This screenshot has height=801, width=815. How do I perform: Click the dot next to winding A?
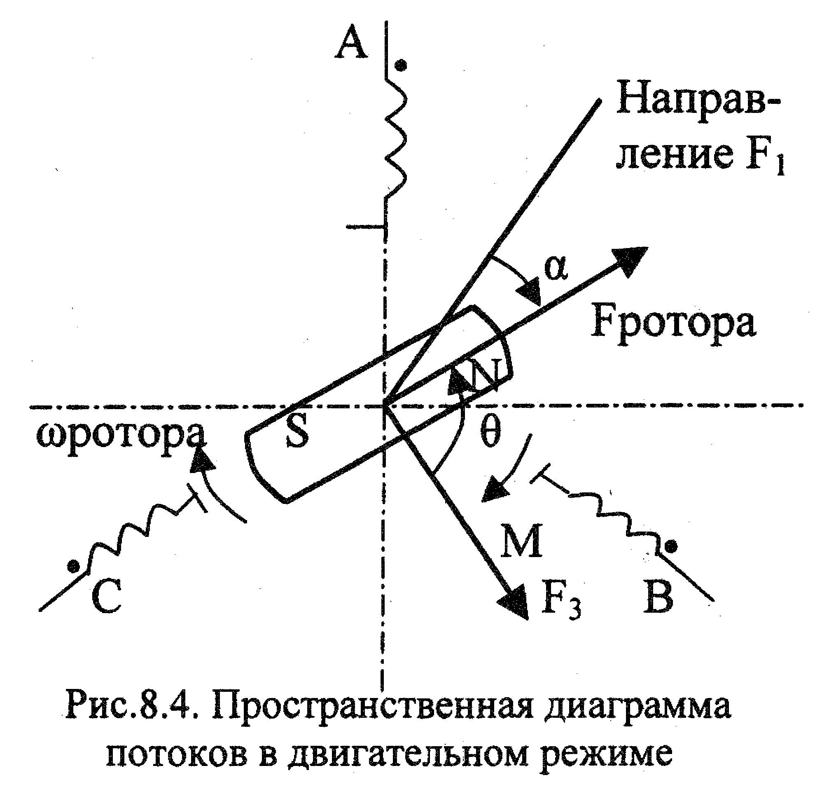pyautogui.click(x=402, y=66)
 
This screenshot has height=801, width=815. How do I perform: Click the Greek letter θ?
pyautogui.click(x=490, y=433)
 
